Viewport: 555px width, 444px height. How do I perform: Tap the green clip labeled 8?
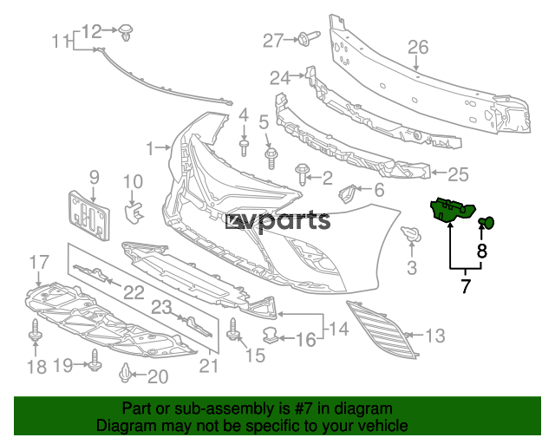tap(487, 222)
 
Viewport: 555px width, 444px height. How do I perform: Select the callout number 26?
tap(418, 47)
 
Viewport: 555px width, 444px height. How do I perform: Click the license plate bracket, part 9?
tap(88, 215)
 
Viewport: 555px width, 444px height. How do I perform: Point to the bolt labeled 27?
tap(309, 37)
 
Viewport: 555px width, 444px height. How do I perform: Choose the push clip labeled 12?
tap(125, 32)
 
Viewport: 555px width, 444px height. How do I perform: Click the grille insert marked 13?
tap(380, 327)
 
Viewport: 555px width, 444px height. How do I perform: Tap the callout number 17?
tap(39, 263)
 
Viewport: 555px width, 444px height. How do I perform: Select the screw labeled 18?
tap(35, 330)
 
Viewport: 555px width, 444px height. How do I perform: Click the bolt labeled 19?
tap(95, 360)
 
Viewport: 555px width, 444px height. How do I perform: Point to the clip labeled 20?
tap(125, 373)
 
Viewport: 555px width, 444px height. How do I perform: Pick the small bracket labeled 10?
tap(133, 212)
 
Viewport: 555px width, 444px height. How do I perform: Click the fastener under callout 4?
tap(244, 147)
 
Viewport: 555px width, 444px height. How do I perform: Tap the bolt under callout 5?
tap(271, 159)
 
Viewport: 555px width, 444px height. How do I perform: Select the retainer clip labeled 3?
tap(411, 233)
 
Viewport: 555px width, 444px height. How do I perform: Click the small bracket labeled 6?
tap(348, 193)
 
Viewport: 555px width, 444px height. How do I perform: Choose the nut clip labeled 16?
tap(271, 335)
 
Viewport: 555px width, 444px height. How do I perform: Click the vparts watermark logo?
tap(278, 222)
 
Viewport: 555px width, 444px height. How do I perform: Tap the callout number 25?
tap(459, 174)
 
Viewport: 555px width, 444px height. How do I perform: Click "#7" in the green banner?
tap(304, 408)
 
